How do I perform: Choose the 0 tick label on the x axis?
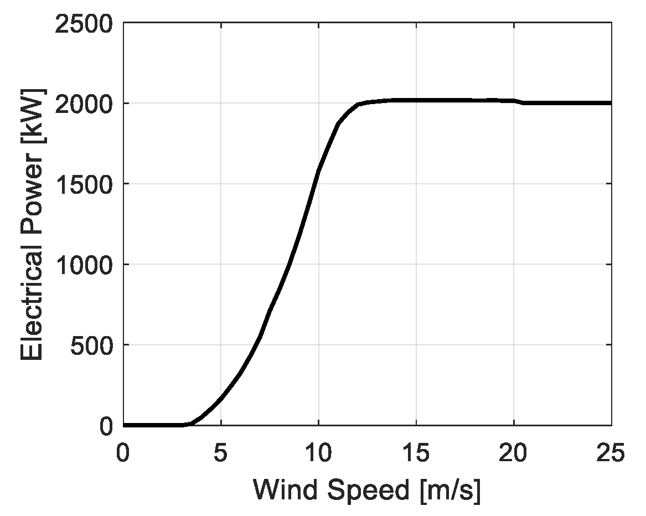tap(123, 453)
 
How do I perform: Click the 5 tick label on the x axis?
tap(221, 453)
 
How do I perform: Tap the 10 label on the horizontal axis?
tap(318, 453)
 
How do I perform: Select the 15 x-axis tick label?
tap(416, 453)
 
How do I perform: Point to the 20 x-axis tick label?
tap(514, 453)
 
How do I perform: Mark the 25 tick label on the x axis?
tap(611, 453)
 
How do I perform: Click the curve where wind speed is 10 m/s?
tap(318, 171)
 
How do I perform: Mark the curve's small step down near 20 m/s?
tap(519, 102)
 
